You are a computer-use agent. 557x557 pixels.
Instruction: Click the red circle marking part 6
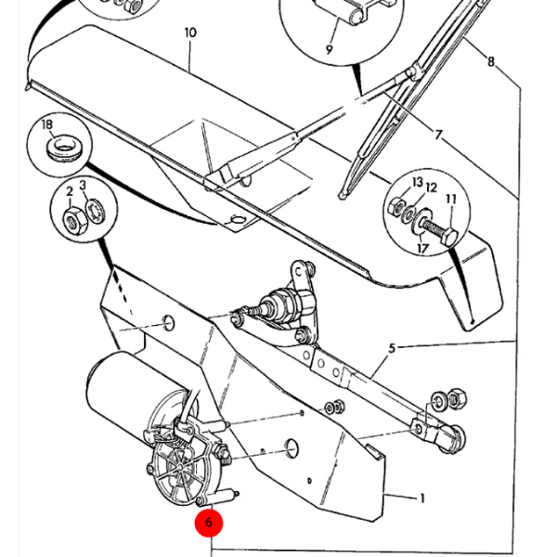point(209,523)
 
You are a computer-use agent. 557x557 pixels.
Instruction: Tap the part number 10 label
point(190,33)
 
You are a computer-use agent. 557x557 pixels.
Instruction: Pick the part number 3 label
point(84,186)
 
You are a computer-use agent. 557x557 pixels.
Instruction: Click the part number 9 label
point(329,48)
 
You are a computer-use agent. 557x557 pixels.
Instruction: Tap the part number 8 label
point(490,62)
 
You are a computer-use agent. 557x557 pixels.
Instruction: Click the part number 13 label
point(417,182)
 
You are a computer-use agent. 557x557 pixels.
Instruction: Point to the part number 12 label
point(431,188)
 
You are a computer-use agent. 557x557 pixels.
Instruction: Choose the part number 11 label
point(451,199)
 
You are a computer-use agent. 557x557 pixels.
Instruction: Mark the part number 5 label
point(392,348)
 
